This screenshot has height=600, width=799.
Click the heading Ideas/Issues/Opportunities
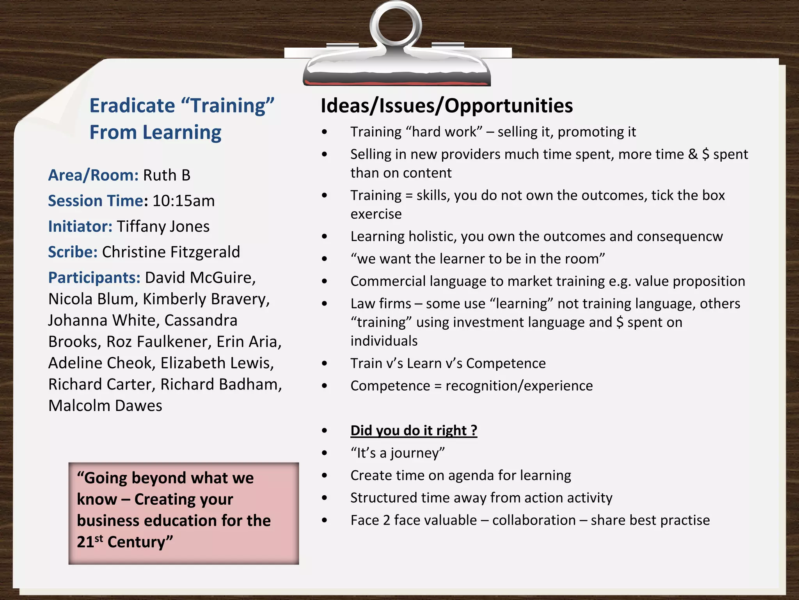tap(446, 105)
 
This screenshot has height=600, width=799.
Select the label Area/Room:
tap(93, 175)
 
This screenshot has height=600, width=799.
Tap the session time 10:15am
tap(183, 201)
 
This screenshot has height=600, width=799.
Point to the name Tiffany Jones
tap(163, 227)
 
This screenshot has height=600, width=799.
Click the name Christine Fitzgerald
tap(171, 252)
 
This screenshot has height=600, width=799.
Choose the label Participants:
tap(94, 278)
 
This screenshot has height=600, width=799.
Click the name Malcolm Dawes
tap(105, 405)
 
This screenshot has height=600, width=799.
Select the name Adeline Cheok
tap(99, 363)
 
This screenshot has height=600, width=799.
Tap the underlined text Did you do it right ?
tap(414, 430)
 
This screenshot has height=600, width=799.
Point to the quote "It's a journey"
tap(397, 453)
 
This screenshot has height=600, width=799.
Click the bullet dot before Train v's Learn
tap(325, 364)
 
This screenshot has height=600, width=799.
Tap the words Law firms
tap(380, 304)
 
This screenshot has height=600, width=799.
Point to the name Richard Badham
tap(220, 384)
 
